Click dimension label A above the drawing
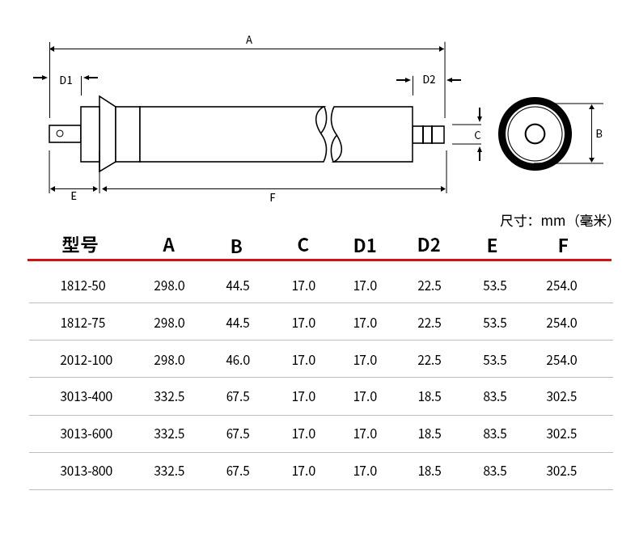click(249, 40)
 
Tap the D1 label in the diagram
click(66, 80)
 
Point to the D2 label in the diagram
click(429, 79)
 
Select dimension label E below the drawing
click(74, 196)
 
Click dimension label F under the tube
click(273, 197)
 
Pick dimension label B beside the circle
click(599, 133)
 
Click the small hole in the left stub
click(60, 133)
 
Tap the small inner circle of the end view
click(535, 133)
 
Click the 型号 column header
click(79, 244)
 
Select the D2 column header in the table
click(429, 245)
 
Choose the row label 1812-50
click(83, 286)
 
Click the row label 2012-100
click(86, 360)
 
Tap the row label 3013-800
click(86, 471)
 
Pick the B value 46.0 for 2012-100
click(238, 360)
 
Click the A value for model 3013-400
click(169, 396)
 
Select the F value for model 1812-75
click(561, 323)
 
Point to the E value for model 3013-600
click(495, 434)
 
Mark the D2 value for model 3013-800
click(430, 471)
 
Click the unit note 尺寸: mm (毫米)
click(556, 221)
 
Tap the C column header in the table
click(303, 245)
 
